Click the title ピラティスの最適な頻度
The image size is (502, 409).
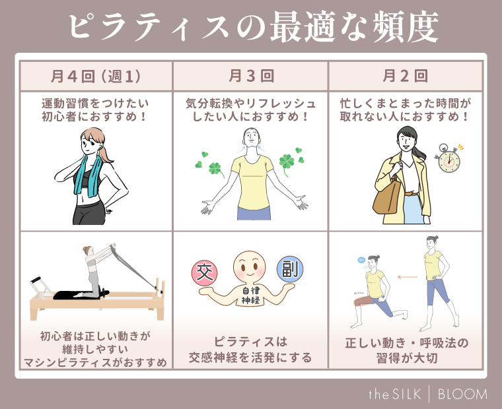(x=251, y=28)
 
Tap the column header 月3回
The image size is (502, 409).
(x=250, y=76)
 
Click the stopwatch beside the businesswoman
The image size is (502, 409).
(x=449, y=158)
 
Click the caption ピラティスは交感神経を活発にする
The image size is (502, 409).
(x=251, y=351)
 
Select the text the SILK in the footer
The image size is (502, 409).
(x=396, y=394)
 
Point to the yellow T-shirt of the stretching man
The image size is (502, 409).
(x=252, y=185)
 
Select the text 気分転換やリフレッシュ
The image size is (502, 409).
(x=251, y=104)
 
